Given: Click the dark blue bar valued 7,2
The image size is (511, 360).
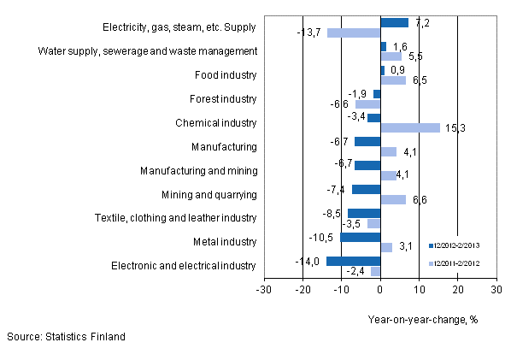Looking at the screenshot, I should pos(394,23).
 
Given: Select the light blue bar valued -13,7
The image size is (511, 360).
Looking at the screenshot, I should pos(354,33).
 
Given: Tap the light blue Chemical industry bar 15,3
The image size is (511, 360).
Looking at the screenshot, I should pos(409,128).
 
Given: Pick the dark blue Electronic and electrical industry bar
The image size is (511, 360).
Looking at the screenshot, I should pos(353,261).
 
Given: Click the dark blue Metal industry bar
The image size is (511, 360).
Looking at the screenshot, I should pos(360,237).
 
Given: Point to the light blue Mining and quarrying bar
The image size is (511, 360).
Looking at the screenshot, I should pos(393,199).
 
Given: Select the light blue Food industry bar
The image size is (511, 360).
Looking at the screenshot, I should pos(393,80).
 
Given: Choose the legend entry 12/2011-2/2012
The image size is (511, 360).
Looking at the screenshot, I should pos(461,263).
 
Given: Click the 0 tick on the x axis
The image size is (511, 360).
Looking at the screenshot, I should pos(380,290).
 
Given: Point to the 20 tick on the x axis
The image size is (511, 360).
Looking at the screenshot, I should pos(457,290).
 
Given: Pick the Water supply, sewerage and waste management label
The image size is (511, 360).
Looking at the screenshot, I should pos(147,51).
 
